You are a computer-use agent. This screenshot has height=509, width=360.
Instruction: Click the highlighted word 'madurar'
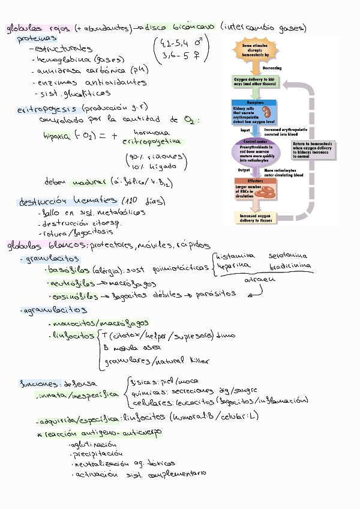(x=88, y=181)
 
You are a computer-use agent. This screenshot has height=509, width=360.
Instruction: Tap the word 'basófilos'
(x=68, y=270)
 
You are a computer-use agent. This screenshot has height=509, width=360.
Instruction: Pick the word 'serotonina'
(x=290, y=256)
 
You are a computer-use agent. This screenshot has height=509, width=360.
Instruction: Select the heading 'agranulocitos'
(x=54, y=310)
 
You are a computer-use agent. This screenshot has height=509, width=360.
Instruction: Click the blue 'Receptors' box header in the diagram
(x=256, y=103)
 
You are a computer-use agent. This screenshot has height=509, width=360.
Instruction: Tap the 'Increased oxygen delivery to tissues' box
(x=256, y=218)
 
